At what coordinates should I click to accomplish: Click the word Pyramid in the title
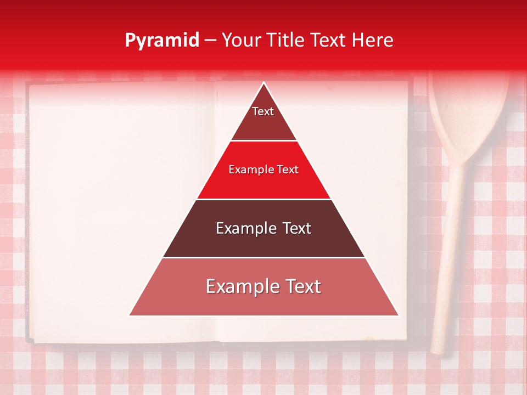pyautogui.click(x=161, y=41)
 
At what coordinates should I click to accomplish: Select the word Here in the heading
pyautogui.click(x=372, y=40)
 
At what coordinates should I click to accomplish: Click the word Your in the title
pyautogui.click(x=242, y=40)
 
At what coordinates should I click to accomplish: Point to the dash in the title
pyautogui.click(x=210, y=41)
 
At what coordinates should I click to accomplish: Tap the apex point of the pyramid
pyautogui.click(x=264, y=83)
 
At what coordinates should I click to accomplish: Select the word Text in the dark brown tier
pyautogui.click(x=296, y=228)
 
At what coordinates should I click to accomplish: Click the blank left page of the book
pyautogui.click(x=121, y=208)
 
